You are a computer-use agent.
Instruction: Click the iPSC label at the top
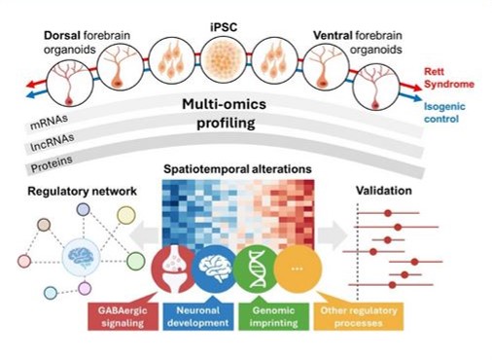(224, 26)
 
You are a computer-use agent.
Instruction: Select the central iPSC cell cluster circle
(225, 59)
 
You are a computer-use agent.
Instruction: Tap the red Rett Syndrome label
(449, 78)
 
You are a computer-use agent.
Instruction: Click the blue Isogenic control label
(444, 113)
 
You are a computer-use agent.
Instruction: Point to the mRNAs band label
(50, 122)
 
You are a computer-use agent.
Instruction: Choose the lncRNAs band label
(52, 142)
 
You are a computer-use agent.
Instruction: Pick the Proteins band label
(52, 163)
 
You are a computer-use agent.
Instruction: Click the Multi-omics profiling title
(225, 114)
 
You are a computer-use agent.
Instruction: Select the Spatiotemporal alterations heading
(237, 169)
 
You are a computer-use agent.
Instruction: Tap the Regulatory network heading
(82, 191)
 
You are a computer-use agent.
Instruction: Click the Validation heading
(384, 191)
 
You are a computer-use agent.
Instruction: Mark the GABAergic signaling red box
(123, 316)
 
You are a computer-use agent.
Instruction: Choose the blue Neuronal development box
(198, 316)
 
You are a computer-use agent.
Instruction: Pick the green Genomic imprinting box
(273, 316)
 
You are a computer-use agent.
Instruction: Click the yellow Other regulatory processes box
(359, 316)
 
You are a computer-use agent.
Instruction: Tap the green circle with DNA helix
(257, 269)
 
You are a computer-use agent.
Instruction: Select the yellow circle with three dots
(298, 269)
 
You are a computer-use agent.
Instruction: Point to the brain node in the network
(81, 258)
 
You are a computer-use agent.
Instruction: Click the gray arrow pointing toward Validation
(333, 235)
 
